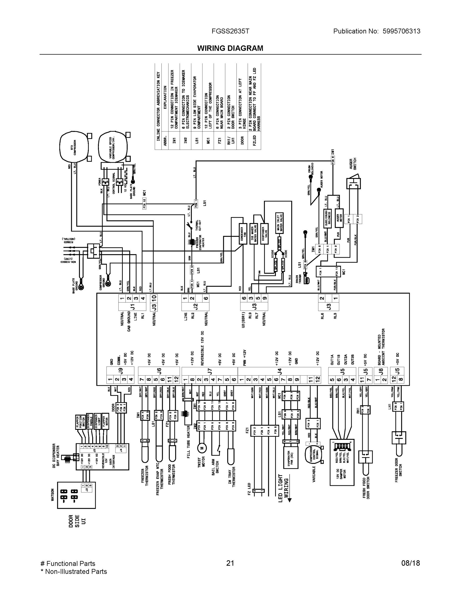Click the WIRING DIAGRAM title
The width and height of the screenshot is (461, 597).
[230, 49]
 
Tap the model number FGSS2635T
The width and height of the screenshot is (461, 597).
[230, 31]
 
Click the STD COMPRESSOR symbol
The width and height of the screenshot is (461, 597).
[74, 147]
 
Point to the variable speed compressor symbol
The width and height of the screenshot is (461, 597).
[113, 148]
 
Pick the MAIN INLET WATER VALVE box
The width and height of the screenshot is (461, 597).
[279, 223]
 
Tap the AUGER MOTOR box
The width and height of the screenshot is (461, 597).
[339, 218]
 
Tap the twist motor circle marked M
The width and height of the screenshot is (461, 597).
[202, 448]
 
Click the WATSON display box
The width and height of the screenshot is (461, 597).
[76, 495]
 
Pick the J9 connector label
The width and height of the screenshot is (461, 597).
[120, 371]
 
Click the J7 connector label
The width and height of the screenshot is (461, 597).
[210, 371]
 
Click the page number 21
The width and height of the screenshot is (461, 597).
[230, 563]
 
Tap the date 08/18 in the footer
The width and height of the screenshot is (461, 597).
[411, 563]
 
